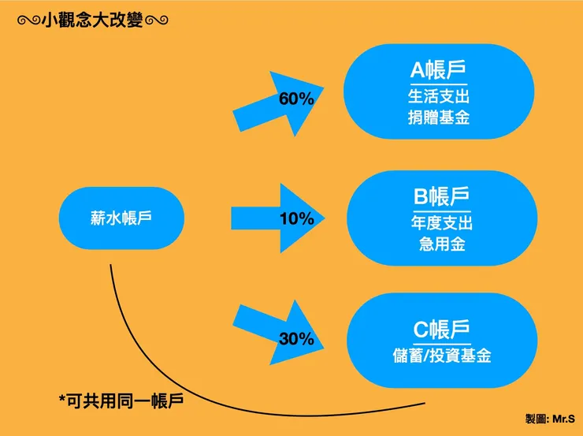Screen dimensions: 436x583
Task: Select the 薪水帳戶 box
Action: (x=121, y=218)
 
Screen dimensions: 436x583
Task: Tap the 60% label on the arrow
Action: (x=296, y=99)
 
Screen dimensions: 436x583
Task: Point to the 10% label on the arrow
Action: (x=296, y=219)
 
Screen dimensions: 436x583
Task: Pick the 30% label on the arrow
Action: (x=296, y=339)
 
